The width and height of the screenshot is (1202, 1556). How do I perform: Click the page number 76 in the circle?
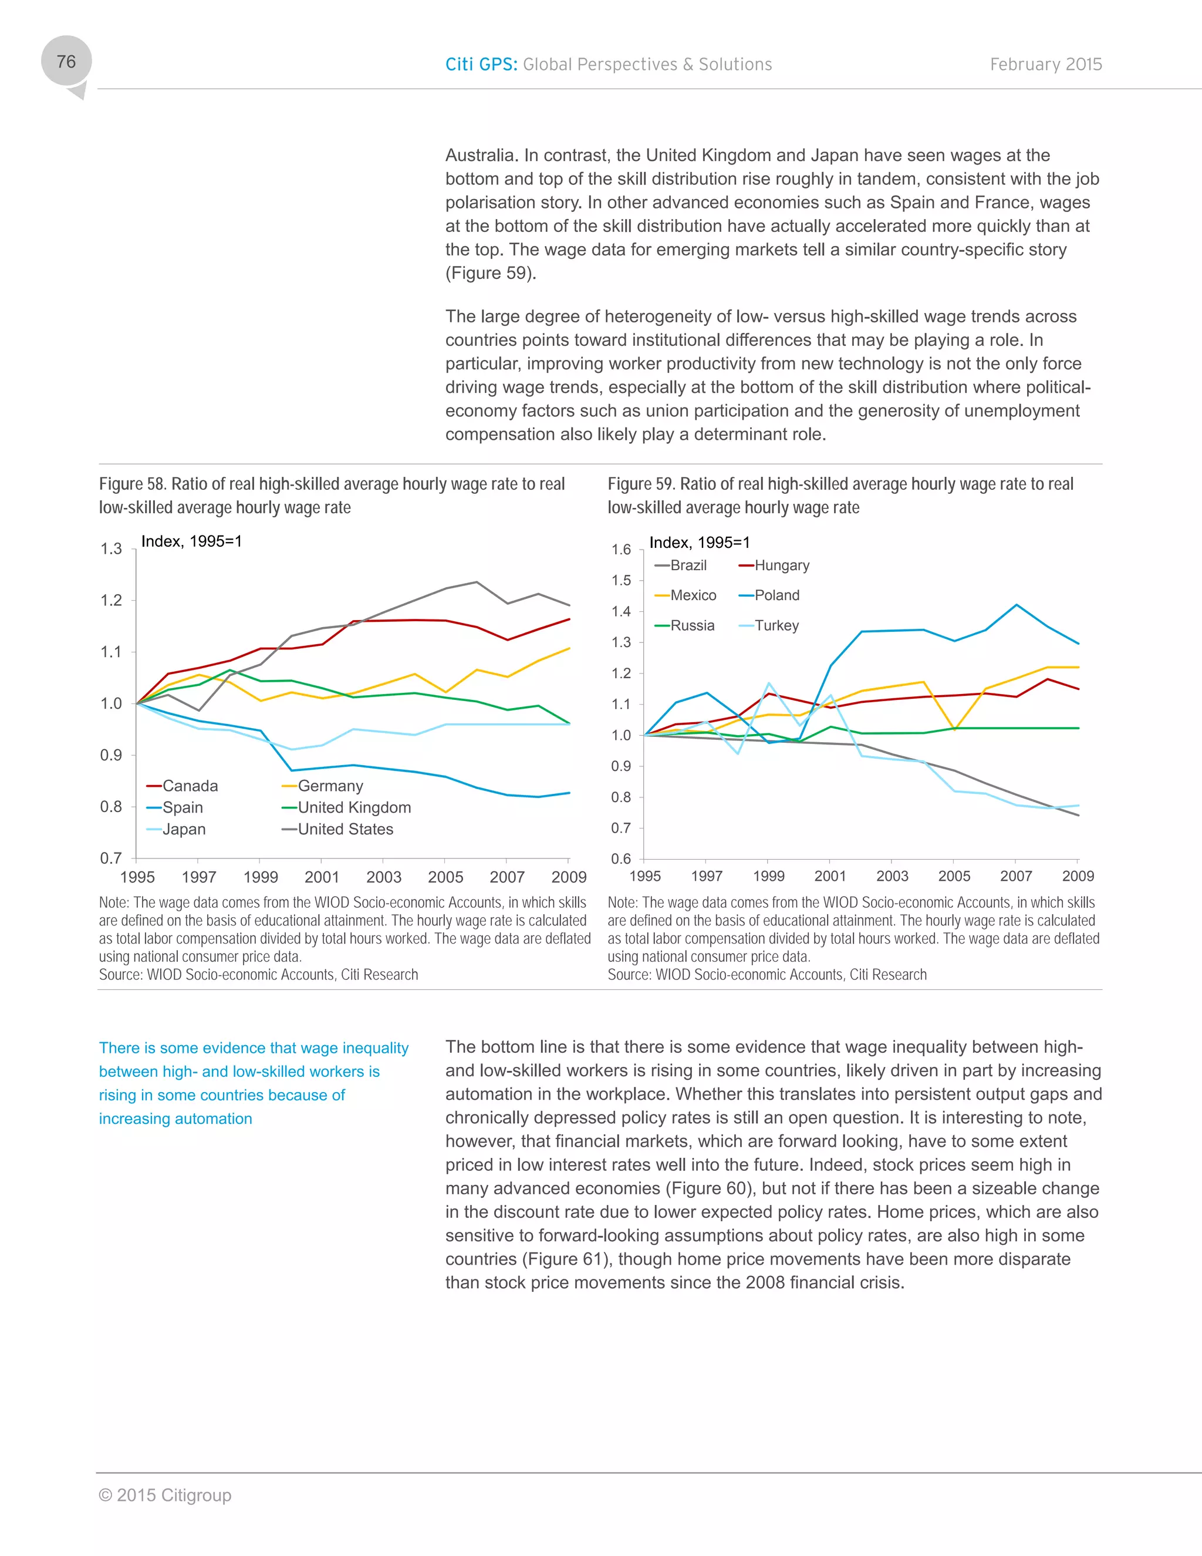click(66, 62)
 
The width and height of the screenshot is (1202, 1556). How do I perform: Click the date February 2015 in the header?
click(1045, 64)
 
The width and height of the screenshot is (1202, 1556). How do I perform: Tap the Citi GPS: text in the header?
click(481, 64)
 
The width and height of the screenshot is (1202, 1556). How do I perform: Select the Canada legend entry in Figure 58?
click(190, 786)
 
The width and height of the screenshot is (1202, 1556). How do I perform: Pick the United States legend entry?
click(345, 829)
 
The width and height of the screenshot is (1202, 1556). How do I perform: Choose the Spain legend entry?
click(183, 807)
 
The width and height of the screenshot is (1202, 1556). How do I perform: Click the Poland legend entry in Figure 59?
click(777, 595)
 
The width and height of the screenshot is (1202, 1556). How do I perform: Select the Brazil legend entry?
click(688, 565)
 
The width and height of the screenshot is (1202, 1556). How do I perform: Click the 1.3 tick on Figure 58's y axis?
click(111, 548)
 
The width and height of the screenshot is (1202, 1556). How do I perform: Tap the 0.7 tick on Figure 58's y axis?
click(111, 858)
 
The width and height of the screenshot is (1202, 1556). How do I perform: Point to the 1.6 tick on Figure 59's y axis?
click(621, 550)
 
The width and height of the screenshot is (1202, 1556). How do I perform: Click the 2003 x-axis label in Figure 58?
click(384, 877)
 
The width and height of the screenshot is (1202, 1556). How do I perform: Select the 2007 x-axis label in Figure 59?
click(1015, 876)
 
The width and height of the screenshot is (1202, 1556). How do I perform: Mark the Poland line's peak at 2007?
click(1016, 605)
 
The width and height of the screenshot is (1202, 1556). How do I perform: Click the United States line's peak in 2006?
click(477, 582)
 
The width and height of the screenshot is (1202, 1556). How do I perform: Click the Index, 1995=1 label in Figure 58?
click(191, 541)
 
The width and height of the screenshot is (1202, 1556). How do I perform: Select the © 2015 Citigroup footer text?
click(165, 1495)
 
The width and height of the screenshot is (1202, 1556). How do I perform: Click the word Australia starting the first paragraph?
click(481, 156)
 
